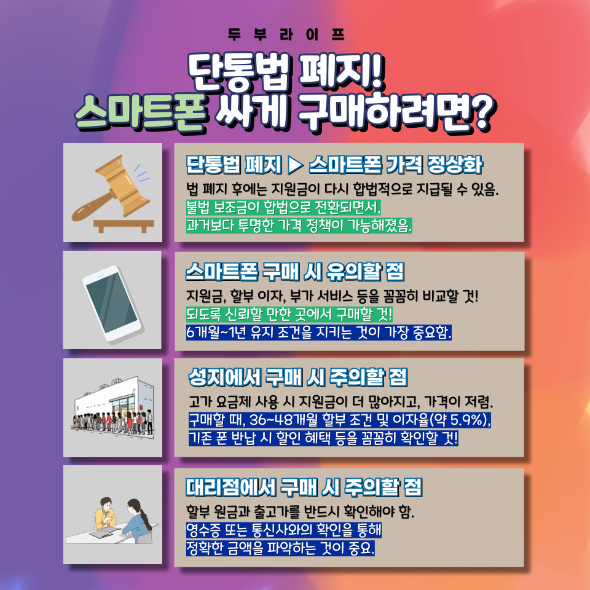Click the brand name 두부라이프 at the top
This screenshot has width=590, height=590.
pos(286,34)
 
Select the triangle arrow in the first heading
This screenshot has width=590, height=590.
pos(296,165)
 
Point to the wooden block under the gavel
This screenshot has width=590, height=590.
pos(124,226)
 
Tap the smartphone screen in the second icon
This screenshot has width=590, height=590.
pos(112,302)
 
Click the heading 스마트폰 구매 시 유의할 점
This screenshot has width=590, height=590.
pos(295,272)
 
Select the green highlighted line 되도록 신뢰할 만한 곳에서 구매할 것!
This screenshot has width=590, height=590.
pos(289,314)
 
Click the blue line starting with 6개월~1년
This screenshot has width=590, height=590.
pos(319,332)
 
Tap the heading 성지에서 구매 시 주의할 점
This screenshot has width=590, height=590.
pos(298,377)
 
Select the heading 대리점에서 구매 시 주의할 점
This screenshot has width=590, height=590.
pos(304,487)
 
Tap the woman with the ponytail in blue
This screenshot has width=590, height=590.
pos(136,521)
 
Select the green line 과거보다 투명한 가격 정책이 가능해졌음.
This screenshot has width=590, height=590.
pos(299,225)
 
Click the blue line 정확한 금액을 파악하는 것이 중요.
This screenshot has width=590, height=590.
pos(280,548)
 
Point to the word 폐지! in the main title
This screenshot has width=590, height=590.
pos(340,71)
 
